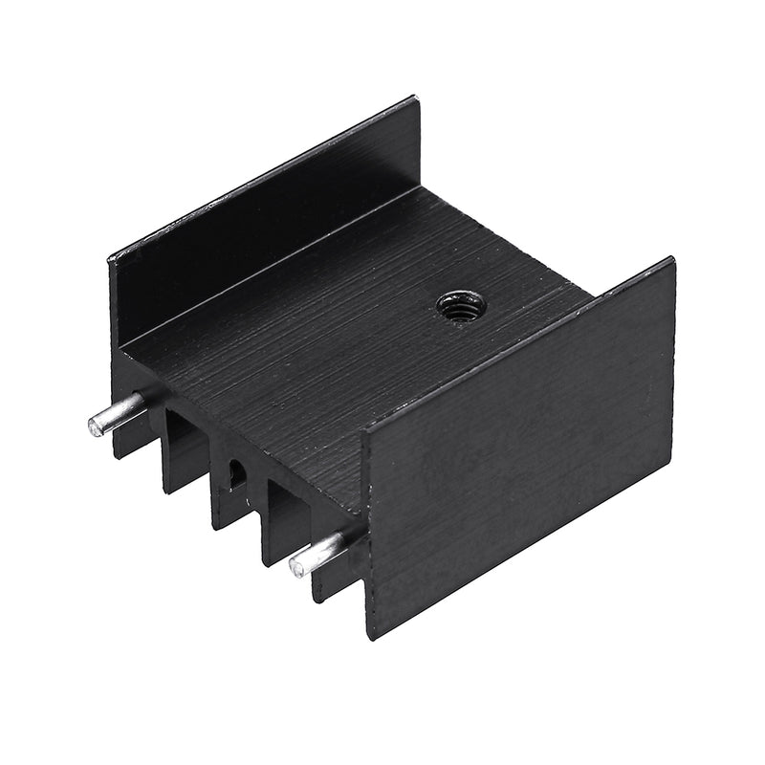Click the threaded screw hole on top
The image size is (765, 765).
(x=461, y=306)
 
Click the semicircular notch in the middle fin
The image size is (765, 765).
(x=235, y=470)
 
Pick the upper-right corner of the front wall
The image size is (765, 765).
(x=671, y=260)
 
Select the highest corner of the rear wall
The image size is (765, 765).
(x=415, y=98)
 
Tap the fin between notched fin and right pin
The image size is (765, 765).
(x=282, y=521)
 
